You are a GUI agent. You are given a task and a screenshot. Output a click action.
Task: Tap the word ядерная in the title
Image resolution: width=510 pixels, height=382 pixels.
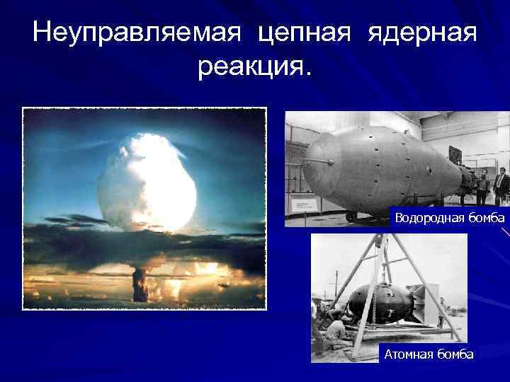(422, 33)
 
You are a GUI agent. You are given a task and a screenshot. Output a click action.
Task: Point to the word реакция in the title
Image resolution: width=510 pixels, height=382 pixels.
(251, 68)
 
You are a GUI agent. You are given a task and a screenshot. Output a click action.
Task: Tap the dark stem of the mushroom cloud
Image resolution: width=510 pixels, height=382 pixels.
(140, 283)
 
